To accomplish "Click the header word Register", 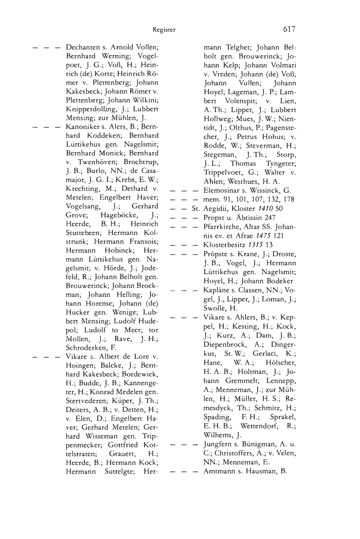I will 164,30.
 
